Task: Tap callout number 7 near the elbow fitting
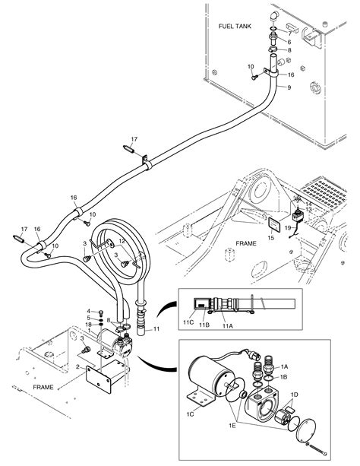click(289, 34)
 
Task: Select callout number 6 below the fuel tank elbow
click(289, 43)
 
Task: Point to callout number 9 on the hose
click(289, 87)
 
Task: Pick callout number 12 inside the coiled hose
click(121, 242)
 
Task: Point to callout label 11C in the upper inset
click(188, 324)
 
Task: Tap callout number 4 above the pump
click(88, 311)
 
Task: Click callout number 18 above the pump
click(88, 325)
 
